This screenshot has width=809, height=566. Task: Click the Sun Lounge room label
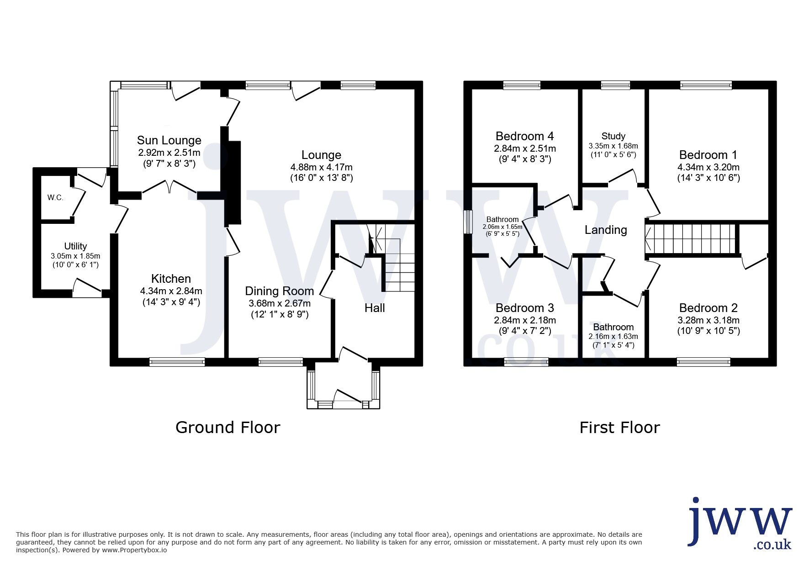pos(169,140)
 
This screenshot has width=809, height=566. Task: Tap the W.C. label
pos(55,198)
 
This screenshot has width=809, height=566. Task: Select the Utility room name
pos(75,247)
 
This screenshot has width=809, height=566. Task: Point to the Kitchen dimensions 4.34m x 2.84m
pos(171,291)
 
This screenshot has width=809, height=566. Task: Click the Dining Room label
pos(280,291)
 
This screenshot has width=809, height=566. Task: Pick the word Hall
pos(375,308)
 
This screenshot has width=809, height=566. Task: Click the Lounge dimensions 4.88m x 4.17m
pos(321,167)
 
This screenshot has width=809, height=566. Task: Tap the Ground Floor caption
pos(227,428)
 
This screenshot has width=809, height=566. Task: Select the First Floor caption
pos(620,428)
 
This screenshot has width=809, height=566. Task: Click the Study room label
pos(613,136)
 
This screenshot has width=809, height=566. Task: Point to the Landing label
pos(606,230)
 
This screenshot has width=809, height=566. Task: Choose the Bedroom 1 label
pos(708,155)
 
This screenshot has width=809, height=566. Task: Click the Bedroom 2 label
pos(708,308)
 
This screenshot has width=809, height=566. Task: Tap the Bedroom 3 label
pos(524,308)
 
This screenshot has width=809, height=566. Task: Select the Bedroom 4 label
pos(524,136)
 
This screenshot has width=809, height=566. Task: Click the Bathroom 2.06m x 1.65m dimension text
pos(502,227)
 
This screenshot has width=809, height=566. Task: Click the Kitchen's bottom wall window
pos(177,362)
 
